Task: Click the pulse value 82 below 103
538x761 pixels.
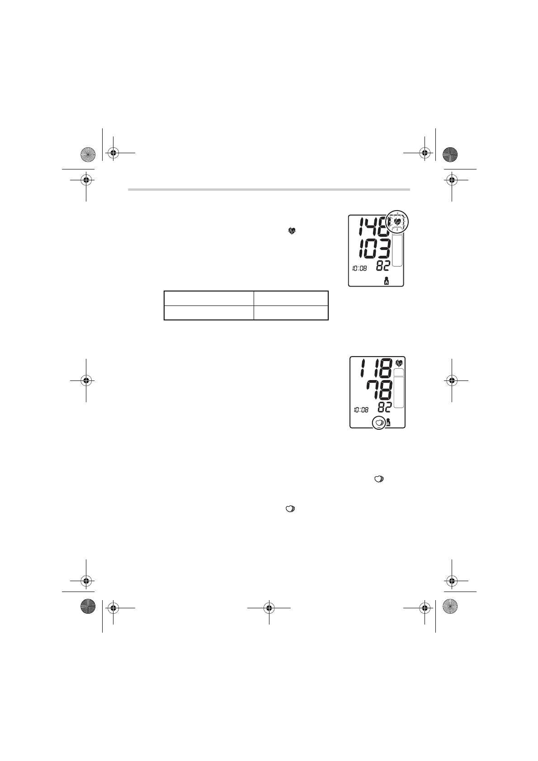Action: [382, 266]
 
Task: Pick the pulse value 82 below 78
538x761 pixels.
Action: [385, 407]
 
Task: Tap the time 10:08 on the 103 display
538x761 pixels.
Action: [359, 268]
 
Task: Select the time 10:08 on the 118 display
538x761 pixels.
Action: [361, 410]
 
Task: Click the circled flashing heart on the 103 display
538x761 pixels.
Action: [396, 222]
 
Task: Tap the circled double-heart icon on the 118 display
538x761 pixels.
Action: [379, 423]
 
